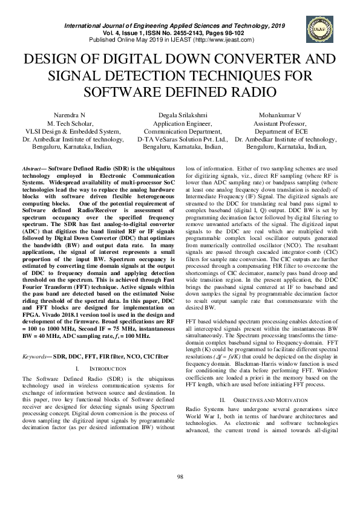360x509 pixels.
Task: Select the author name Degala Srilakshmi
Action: pos(181,114)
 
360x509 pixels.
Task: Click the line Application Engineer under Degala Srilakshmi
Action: pos(181,123)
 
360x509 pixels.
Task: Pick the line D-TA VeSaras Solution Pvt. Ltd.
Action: pos(181,138)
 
